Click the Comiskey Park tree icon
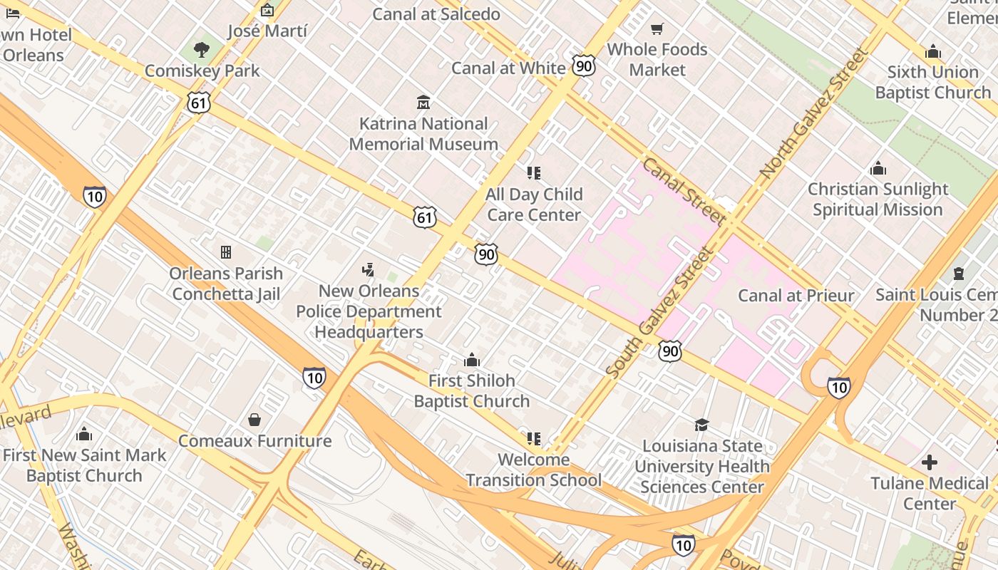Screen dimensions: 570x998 (202, 49)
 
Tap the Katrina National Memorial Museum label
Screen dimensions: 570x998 (423, 134)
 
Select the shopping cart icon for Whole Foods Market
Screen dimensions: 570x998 (657, 29)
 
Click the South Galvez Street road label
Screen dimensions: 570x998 (660, 312)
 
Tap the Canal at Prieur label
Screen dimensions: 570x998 (796, 295)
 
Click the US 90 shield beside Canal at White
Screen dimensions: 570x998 (583, 66)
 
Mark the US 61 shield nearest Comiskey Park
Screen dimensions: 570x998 (199, 103)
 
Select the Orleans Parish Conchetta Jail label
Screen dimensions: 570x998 (226, 284)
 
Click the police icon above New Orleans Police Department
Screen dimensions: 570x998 (368, 270)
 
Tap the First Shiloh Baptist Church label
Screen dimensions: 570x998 (471, 390)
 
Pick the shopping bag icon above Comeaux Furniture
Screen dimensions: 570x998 (254, 420)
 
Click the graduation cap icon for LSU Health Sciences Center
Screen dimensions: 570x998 (701, 425)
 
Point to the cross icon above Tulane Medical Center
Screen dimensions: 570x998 (929, 462)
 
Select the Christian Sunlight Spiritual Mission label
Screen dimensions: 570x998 (878, 199)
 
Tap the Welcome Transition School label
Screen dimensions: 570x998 (533, 470)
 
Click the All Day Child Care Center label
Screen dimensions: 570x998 (534, 204)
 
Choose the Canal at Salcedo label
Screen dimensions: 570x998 (436, 14)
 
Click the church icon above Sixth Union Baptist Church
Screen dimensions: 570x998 (932, 51)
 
